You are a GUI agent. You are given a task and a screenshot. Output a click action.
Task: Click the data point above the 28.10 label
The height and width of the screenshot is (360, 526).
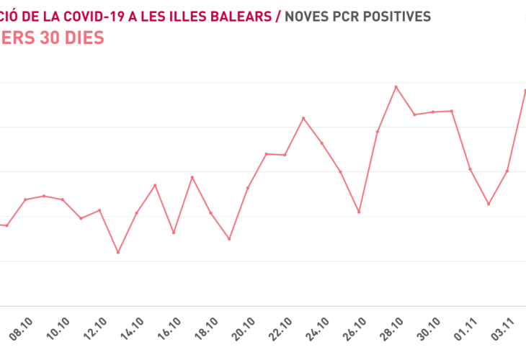pyautogui.click(x=396, y=87)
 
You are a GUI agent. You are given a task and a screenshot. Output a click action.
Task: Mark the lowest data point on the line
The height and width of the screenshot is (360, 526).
pyautogui.click(x=117, y=252)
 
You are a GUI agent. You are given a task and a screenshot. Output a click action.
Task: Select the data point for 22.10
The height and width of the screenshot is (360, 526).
pyautogui.click(x=285, y=155)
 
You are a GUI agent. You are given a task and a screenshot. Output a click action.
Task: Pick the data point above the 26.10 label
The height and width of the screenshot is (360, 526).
pyautogui.click(x=359, y=212)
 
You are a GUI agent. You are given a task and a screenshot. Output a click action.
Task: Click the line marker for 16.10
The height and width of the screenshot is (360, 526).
pyautogui.click(x=174, y=233)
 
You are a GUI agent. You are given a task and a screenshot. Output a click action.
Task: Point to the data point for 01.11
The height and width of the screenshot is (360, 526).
pyautogui.click(x=470, y=169)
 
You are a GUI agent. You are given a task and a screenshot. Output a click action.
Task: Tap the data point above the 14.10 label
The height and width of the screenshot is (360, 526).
pyautogui.click(x=136, y=213)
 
